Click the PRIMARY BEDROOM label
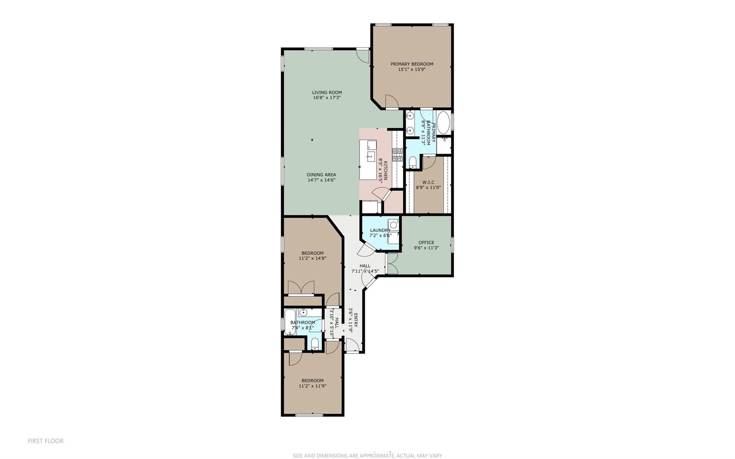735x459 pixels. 412,64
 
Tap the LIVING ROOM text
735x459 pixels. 327,92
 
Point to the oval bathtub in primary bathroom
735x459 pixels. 443,123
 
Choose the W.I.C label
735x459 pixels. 428,182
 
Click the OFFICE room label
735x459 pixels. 426,242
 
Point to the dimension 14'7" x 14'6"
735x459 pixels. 321,180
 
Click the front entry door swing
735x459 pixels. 352,345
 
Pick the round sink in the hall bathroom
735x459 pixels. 304,312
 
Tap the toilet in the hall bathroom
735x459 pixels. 315,343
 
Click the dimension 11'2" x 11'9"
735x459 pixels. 312,386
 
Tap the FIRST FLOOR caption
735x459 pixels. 46,441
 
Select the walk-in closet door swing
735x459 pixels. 429,162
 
